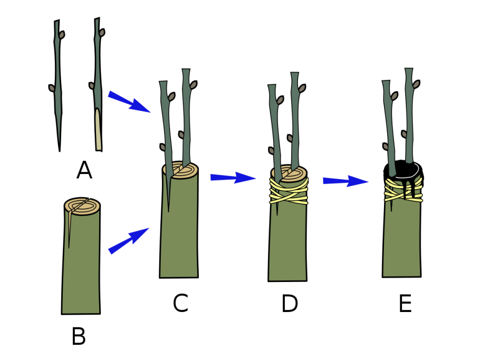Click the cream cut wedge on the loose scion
(x=98, y=131)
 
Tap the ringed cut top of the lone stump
(x=82, y=206)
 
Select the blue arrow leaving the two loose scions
(x=129, y=102)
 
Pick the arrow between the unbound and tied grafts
(x=233, y=178)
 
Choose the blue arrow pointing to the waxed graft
(x=345, y=181)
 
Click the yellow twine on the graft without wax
(x=289, y=192)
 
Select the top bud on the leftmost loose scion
(x=62, y=35)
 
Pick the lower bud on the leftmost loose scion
(x=52, y=89)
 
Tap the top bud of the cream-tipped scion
(x=102, y=33)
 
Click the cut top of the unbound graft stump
(x=181, y=170)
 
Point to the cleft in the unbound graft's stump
(x=169, y=195)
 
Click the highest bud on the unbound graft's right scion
(x=193, y=85)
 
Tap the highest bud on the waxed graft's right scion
(x=416, y=84)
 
